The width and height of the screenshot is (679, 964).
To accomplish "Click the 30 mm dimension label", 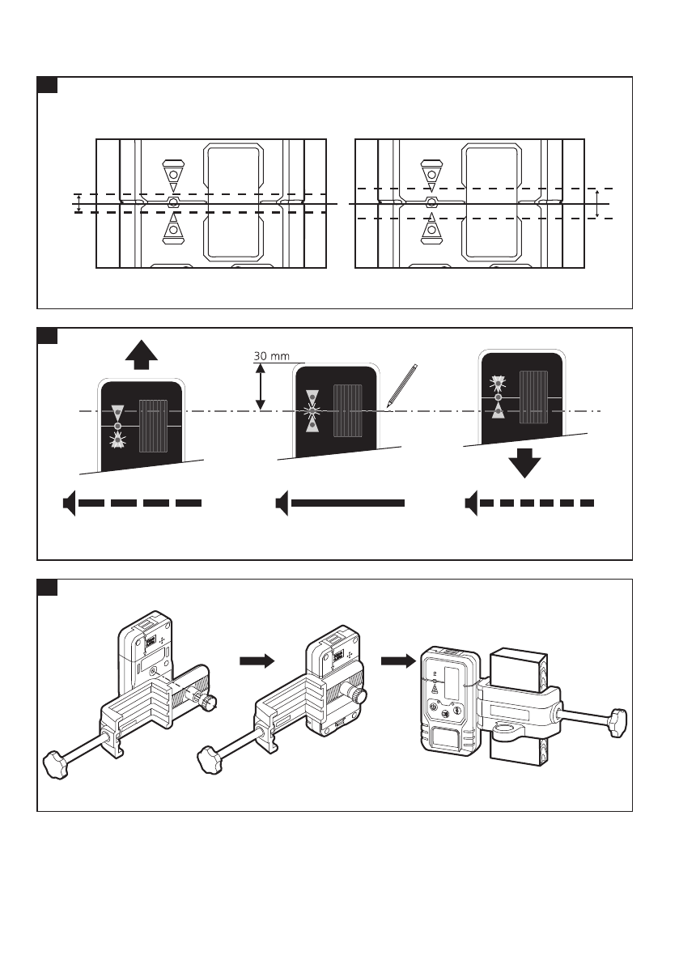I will [272, 356].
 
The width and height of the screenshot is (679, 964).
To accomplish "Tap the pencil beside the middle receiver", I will [402, 384].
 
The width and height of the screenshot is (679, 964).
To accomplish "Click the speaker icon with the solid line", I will [282, 503].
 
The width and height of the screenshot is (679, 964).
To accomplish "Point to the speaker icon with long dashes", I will [70, 503].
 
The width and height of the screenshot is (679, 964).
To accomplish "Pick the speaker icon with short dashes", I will [473, 503].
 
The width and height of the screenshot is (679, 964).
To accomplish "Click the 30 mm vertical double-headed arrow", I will [261, 387].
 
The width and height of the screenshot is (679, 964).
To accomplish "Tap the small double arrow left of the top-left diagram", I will [79, 203].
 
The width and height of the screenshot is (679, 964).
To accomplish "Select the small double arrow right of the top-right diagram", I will [596, 203].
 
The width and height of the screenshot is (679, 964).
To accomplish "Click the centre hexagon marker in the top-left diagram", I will [172, 202].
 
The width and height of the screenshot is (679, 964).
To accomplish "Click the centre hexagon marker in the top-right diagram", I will [431, 202].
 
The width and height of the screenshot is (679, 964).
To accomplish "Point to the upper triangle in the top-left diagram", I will [172, 174].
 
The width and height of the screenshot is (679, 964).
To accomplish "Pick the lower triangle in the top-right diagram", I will [431, 230].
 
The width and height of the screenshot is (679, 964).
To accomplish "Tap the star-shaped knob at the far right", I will [619, 717].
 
